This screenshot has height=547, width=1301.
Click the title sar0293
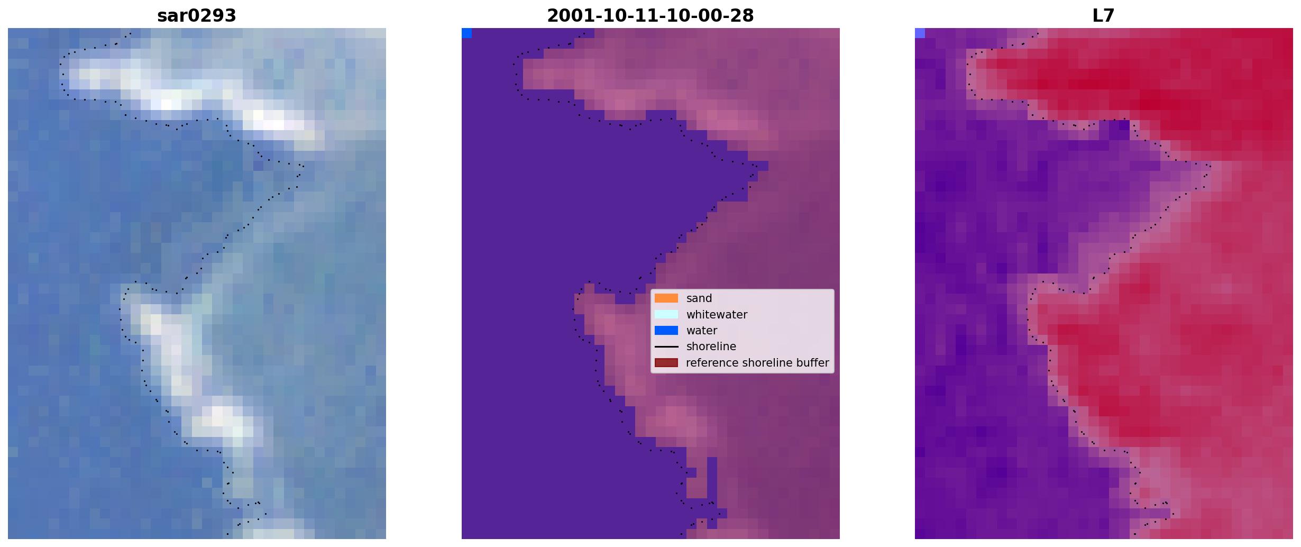pos(197,16)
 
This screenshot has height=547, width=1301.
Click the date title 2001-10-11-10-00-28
pos(650,16)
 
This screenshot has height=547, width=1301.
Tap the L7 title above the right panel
pos(1104,16)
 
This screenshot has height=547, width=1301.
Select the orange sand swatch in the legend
pos(666,298)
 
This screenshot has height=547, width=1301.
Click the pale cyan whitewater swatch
pos(666,314)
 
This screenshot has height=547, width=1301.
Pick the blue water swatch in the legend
pos(666,331)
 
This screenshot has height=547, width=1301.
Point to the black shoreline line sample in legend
pos(666,347)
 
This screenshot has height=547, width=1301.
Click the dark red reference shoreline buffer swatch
pos(666,363)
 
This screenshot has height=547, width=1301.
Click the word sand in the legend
pos(699,298)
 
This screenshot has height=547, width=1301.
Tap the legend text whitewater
pos(717,315)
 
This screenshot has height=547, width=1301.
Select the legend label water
pos(702,331)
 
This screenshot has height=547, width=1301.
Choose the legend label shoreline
pos(711,347)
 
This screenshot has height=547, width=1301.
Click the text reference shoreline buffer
pos(757,363)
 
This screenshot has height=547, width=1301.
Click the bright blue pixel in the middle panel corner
pos(466,33)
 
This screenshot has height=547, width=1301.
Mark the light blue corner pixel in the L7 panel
pos(920,33)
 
